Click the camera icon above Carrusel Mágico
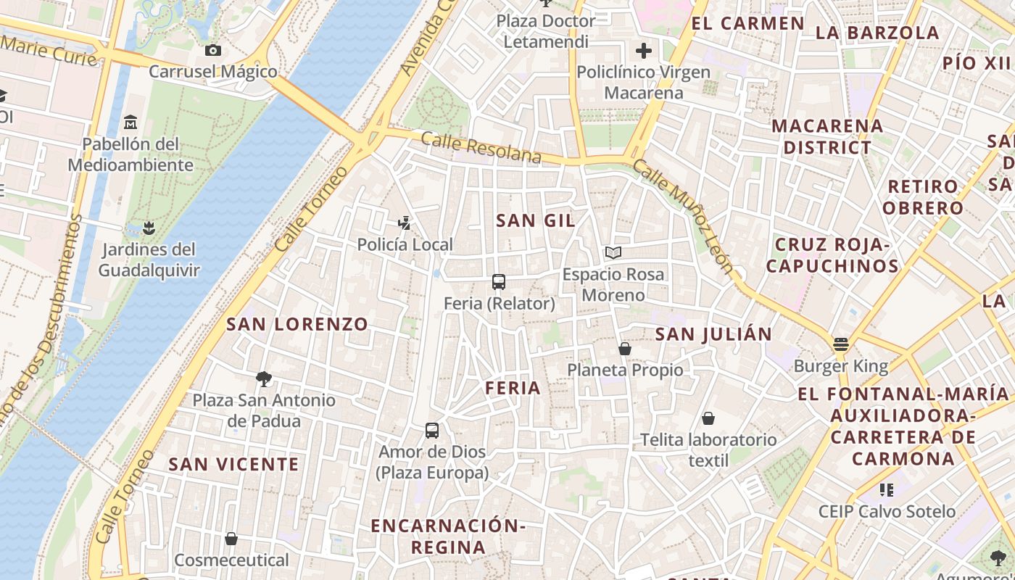coord(212,50)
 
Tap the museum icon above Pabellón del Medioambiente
coord(130,122)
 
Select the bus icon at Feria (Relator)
coord(499,282)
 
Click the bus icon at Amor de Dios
coord(432,431)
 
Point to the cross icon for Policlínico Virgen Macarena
coord(643,51)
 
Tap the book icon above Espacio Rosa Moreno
coord(613,253)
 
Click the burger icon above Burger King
coord(841,344)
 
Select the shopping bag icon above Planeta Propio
coord(625,349)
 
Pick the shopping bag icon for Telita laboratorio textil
coord(708,418)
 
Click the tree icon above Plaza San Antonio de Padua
coord(264,378)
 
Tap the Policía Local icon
coord(405,223)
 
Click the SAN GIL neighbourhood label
coord(536,220)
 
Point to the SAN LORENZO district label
coord(297,324)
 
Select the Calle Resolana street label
coord(481,148)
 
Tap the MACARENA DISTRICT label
coord(827,136)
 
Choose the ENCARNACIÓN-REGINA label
coord(448,536)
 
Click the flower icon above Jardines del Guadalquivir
coord(149,228)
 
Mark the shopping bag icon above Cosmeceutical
coord(231,539)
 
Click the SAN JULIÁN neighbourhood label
coord(713,334)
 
